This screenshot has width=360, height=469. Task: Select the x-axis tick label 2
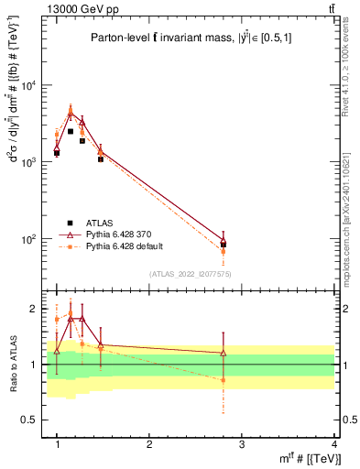click(149, 443)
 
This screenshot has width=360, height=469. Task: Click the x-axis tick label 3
click(242, 443)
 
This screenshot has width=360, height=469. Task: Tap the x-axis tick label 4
click(333, 443)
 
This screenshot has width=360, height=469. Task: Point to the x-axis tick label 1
click(57, 443)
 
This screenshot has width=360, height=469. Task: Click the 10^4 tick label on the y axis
click(29, 86)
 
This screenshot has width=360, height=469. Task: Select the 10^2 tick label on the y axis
click(29, 239)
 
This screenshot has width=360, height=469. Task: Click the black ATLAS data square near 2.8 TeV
click(224, 245)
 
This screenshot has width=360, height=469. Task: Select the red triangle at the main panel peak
click(71, 115)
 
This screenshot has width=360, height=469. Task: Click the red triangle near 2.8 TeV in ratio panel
click(224, 353)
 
